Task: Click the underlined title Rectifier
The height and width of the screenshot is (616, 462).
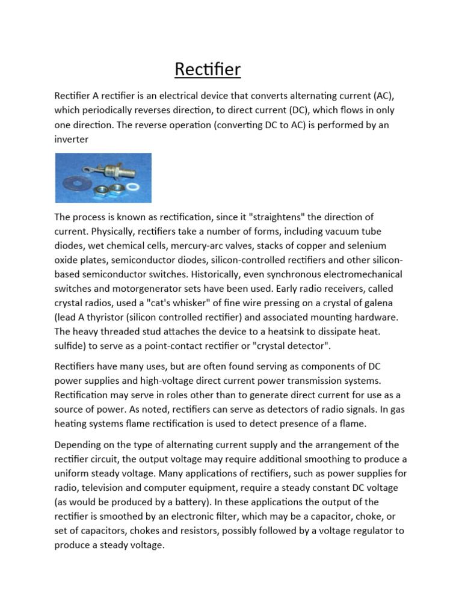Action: [208, 70]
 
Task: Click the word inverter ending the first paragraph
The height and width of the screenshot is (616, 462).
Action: [72, 139]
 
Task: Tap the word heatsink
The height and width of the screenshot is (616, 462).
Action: [281, 332]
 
